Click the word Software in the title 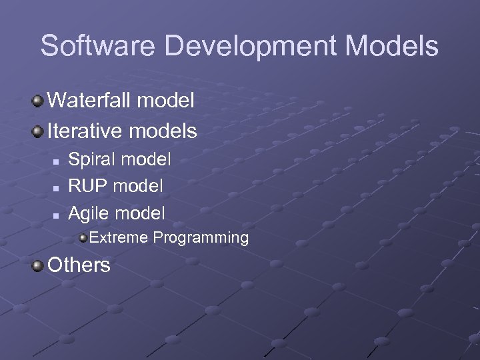coord(98,46)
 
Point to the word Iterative coord(87,131)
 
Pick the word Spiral coord(90,159)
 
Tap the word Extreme coord(119,237)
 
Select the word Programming coord(201,238)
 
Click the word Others coord(79,265)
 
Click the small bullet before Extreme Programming coord(83,238)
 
